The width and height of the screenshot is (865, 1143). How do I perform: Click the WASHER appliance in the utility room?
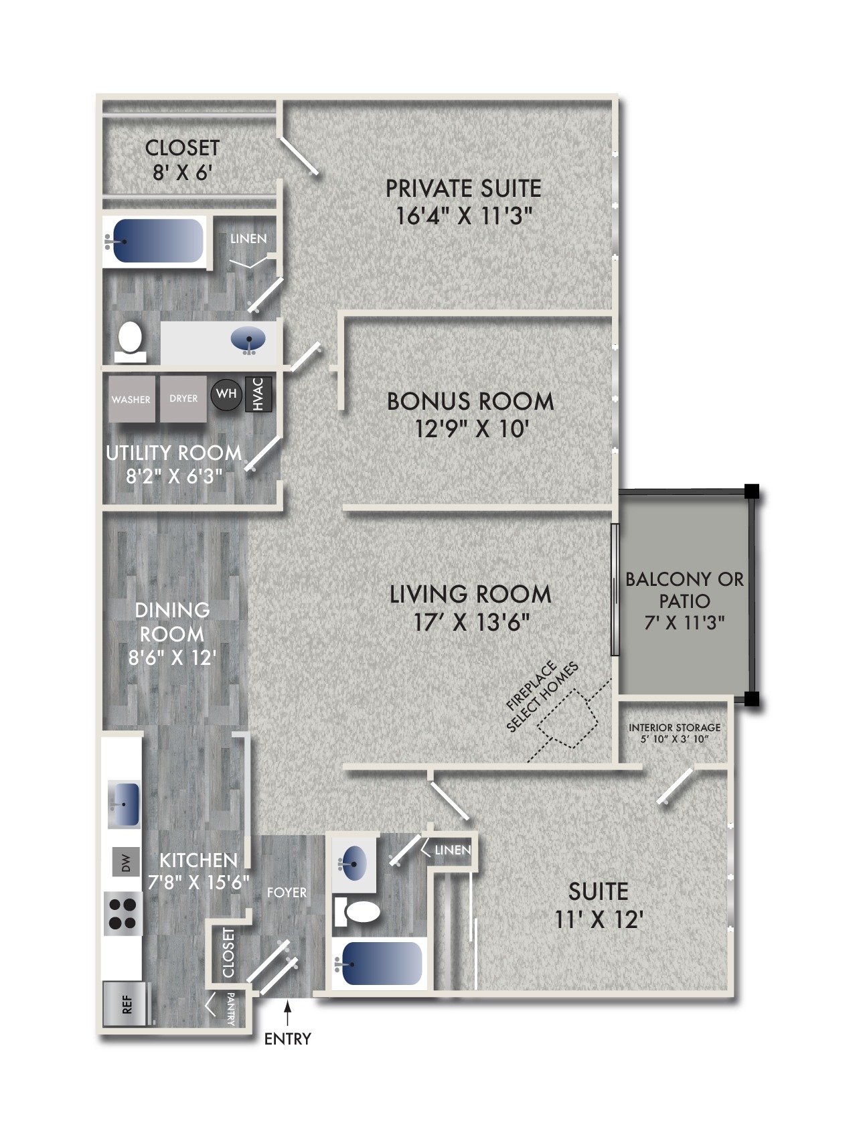[131, 399]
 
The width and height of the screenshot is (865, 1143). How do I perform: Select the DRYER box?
[183, 398]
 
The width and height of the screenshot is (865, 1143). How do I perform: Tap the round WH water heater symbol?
[226, 394]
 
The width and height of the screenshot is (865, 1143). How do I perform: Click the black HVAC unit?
[259, 394]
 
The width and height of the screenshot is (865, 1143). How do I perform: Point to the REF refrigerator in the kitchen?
[125, 1003]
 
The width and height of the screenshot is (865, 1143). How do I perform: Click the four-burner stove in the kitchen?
[123, 913]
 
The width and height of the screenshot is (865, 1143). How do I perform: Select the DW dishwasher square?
[126, 862]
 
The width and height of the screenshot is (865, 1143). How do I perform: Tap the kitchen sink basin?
[125, 804]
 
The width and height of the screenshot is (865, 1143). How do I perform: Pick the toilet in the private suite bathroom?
[130, 339]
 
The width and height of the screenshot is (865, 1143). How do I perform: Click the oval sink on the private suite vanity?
[248, 340]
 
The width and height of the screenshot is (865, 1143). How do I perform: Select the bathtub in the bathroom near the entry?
[380, 964]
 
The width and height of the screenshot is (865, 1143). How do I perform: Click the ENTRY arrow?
[288, 1013]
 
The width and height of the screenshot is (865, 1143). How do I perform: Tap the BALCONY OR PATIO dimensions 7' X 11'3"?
[684, 623]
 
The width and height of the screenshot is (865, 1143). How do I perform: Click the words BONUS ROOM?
[471, 402]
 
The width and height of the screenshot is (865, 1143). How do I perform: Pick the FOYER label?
[287, 893]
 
